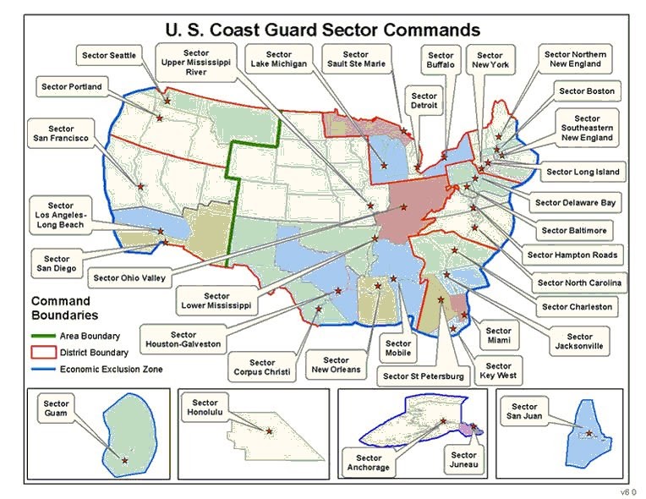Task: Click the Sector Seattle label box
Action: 109,56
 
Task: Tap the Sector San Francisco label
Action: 61,131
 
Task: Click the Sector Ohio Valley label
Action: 129,277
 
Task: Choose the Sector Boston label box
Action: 587,91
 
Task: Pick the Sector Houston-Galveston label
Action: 183,339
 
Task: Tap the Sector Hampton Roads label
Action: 572,255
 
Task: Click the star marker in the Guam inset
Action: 125,460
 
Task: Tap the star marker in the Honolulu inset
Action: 270,432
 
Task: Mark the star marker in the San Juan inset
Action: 589,434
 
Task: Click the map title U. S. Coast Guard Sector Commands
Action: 323,30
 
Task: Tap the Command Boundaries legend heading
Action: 61,309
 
